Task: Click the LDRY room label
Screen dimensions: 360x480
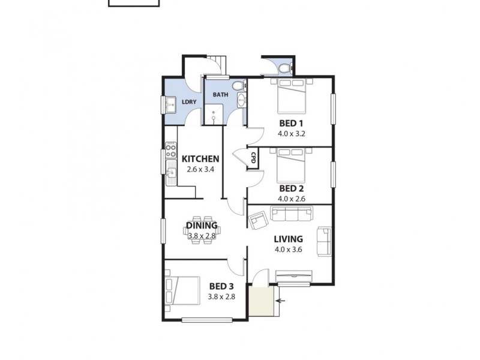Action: click(189, 102)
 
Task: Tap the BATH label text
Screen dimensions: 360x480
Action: click(220, 95)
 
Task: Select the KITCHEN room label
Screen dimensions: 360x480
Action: click(200, 159)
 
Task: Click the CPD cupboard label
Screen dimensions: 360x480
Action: click(253, 158)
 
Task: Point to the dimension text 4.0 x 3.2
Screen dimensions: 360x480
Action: click(292, 134)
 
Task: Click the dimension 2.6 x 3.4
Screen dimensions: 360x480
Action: click(200, 169)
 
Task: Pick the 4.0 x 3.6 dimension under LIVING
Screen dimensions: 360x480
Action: click(288, 250)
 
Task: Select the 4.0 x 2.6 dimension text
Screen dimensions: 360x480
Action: click(292, 199)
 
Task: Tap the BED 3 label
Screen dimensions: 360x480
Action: click(222, 286)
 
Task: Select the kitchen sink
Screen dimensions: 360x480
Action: click(171, 174)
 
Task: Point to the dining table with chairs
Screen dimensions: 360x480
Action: click(201, 230)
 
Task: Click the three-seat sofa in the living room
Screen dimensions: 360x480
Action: click(292, 213)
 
